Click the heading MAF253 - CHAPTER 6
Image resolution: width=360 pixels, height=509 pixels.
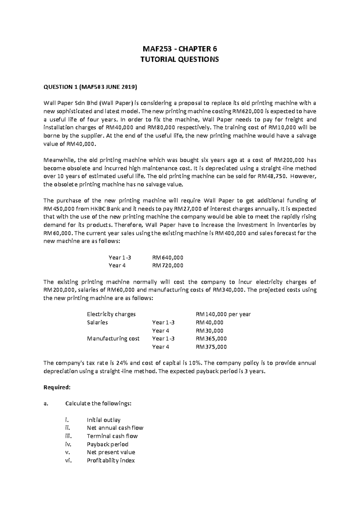(180, 49)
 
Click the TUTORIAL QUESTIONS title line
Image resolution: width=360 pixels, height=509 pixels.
(180, 59)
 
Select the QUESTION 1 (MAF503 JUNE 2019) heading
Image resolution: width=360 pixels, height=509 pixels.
(90, 87)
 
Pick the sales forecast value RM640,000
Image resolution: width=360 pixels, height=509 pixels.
(168, 258)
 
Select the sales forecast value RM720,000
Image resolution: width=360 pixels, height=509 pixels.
(168, 266)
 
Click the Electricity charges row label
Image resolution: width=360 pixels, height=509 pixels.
(111, 314)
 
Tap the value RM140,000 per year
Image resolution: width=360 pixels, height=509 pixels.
(223, 314)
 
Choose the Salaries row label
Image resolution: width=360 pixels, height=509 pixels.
(97, 323)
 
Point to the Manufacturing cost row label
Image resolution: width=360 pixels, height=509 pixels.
(113, 339)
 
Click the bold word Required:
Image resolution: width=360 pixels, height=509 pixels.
(57, 387)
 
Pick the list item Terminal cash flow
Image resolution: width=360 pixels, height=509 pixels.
(112, 436)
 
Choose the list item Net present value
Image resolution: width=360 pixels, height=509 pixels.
(111, 452)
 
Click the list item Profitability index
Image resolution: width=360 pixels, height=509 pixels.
(111, 460)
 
